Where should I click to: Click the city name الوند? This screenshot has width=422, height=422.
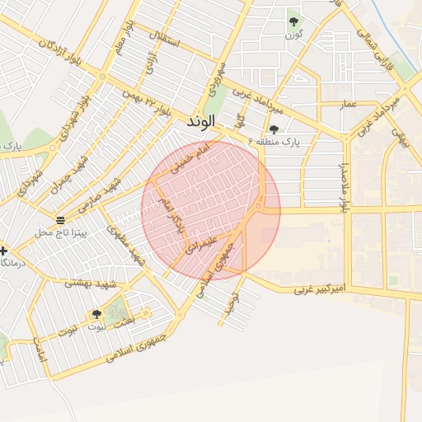pyautogui.click(x=201, y=121)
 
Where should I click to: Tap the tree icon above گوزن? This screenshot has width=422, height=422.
pyautogui.click(x=293, y=21)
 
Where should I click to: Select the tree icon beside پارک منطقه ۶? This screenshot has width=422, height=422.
pyautogui.click(x=274, y=129)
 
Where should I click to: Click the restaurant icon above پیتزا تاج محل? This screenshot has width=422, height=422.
pyautogui.click(x=61, y=219)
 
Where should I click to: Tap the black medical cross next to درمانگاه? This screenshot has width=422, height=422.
pyautogui.click(x=4, y=250)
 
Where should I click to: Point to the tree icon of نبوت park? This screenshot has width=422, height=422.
pyautogui.click(x=96, y=314)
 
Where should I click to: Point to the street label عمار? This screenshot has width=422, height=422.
pyautogui.click(x=349, y=104)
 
